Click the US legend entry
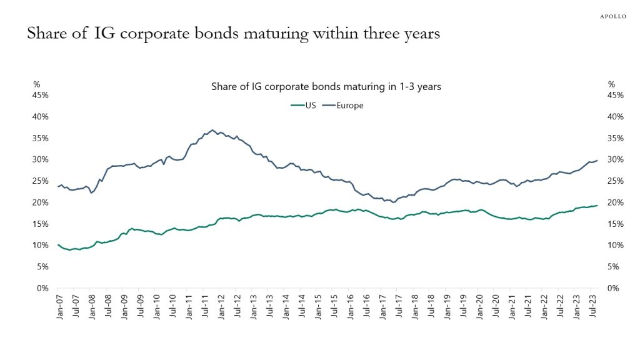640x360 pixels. (306, 105)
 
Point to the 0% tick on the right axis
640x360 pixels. (613, 288)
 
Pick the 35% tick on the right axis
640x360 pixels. (616, 138)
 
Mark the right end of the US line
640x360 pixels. (597, 206)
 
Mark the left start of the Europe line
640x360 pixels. (57, 186)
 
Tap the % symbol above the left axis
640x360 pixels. (36, 84)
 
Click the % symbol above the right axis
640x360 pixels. (611, 84)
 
